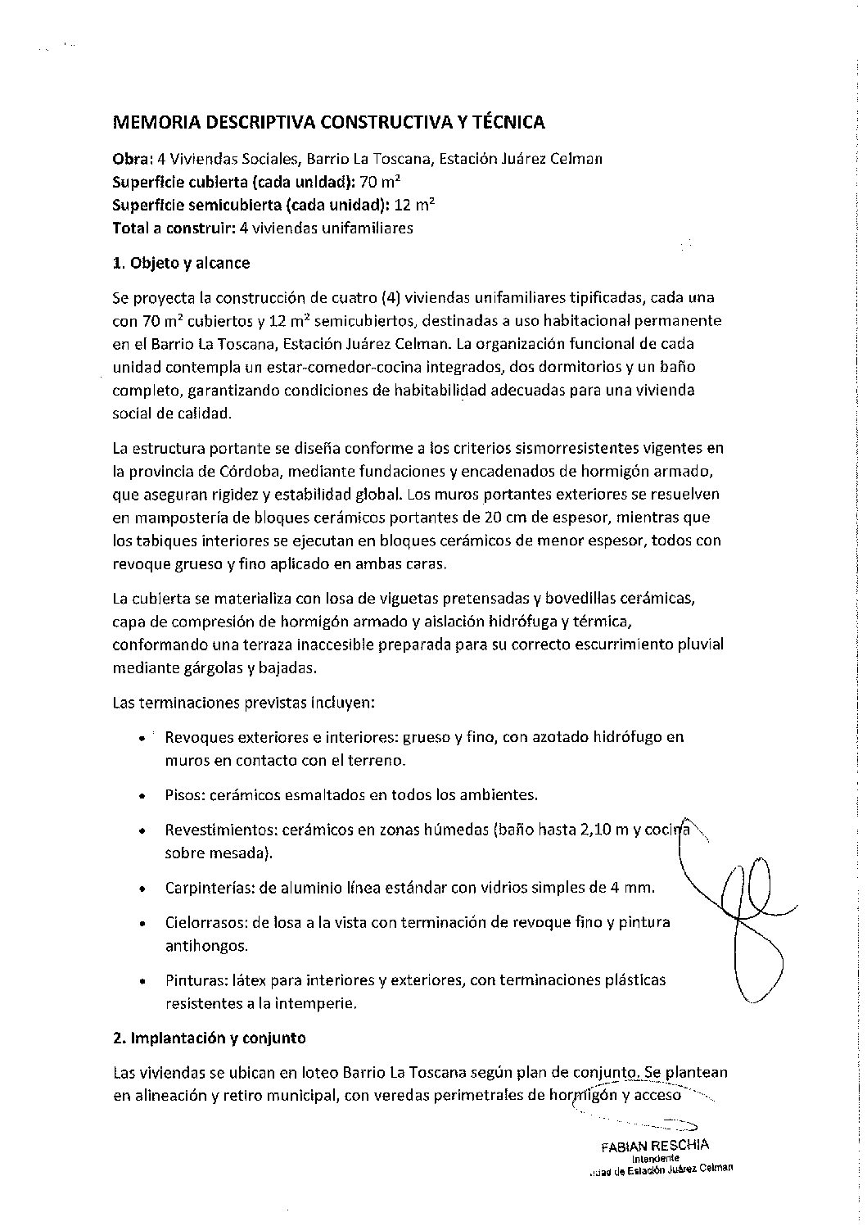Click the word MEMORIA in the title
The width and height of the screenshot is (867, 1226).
[x=153, y=123]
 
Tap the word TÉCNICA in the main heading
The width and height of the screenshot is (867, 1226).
[x=505, y=123]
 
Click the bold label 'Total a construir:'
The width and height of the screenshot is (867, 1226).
[x=174, y=228]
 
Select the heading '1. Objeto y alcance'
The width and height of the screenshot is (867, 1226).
[x=181, y=263]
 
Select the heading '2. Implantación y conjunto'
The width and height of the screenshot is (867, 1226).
[x=209, y=1038]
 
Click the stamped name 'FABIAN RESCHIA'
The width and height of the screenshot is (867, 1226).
[x=655, y=1145]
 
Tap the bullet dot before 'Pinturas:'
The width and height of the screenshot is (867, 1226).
[x=142, y=980]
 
